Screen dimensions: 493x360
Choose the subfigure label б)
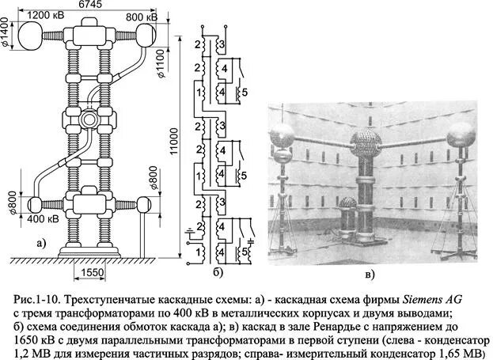click(x=219, y=272)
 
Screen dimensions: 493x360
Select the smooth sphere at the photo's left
click(x=284, y=138)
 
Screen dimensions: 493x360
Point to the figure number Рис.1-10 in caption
click(x=37, y=301)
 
